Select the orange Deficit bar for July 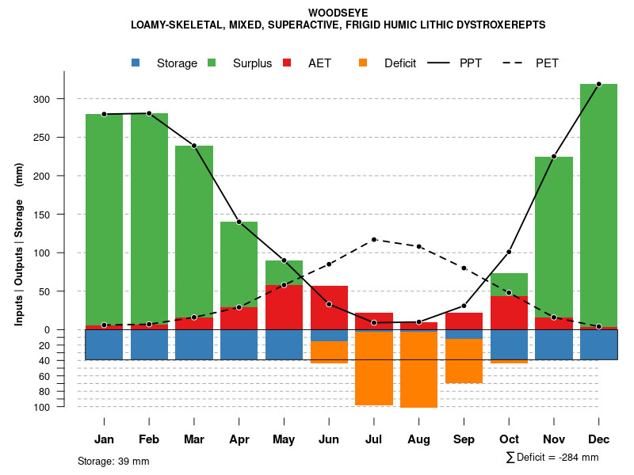coord(374,368)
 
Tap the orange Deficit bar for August coord(418,370)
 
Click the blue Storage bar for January coord(105,344)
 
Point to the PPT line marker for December coord(598,84)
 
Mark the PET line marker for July coord(374,239)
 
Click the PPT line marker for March coord(194,146)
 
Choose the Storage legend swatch coord(136,63)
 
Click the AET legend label coord(319,63)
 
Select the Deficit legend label coord(400,63)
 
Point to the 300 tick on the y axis coord(63,99)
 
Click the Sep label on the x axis coord(464,439)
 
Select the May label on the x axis coord(284,439)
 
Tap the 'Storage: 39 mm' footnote coord(113,461)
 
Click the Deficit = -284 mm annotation coord(552,457)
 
